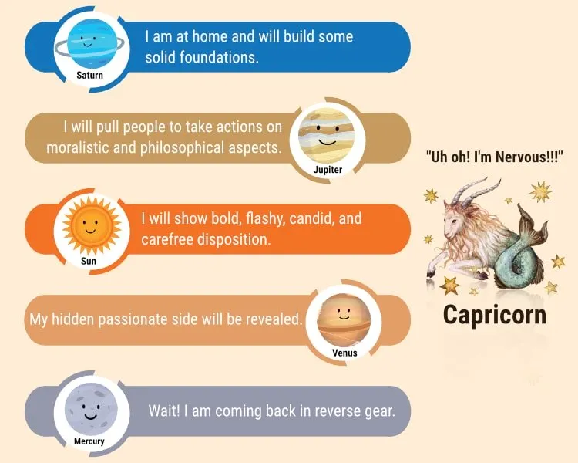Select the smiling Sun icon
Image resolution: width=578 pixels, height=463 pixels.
click(x=88, y=226)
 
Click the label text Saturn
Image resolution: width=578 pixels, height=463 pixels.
click(x=89, y=76)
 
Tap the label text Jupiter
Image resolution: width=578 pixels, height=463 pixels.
click(x=328, y=169)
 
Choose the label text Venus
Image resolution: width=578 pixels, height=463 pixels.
click(x=344, y=353)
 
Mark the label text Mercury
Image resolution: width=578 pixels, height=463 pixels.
click(x=89, y=441)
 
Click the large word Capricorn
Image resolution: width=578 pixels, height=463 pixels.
click(x=495, y=314)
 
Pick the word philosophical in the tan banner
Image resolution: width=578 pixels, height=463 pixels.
click(x=181, y=147)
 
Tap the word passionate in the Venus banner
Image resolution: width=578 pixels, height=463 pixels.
click(x=150, y=318)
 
